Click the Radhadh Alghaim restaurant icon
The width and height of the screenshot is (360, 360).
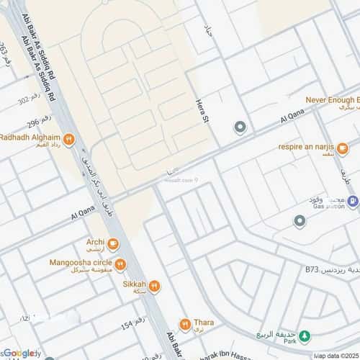(68, 140)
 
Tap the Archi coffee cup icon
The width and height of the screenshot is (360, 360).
(113, 243)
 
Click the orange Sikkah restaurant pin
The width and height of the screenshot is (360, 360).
(154, 286)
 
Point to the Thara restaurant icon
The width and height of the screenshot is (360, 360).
(186, 325)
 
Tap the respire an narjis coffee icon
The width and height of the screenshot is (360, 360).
(343, 148)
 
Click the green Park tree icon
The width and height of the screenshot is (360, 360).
(305, 336)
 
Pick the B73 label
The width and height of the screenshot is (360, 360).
(311, 269)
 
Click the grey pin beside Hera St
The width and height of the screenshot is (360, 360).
(240, 128)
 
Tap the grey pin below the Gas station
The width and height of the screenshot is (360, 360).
(300, 220)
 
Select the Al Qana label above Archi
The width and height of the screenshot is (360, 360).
(83, 215)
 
